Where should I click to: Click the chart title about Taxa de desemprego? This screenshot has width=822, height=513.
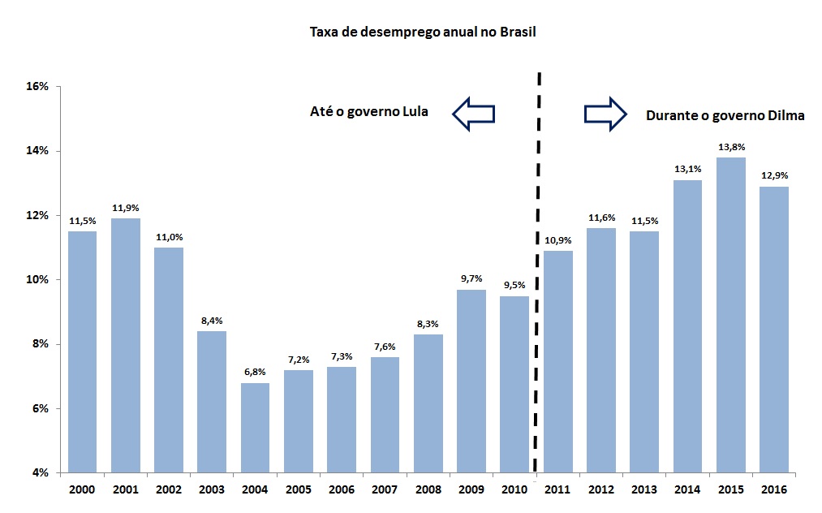tap(423, 32)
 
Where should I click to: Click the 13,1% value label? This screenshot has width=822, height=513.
tap(687, 169)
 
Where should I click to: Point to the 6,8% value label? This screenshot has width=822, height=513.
tap(255, 372)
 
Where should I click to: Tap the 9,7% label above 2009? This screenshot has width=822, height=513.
tap(471, 278)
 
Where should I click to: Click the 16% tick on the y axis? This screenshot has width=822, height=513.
tap(38, 86)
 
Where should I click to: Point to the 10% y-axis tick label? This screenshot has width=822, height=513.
tap(38, 279)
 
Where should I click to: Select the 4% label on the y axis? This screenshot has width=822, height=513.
tap(41, 472)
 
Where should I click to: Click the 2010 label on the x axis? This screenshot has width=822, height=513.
tap(514, 489)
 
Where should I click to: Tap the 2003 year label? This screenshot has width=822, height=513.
tap(212, 489)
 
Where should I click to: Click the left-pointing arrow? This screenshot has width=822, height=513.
tap(473, 114)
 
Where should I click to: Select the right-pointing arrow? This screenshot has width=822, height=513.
tap(605, 114)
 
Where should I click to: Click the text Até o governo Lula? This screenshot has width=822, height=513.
tap(369, 112)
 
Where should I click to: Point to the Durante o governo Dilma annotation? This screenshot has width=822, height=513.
tap(725, 115)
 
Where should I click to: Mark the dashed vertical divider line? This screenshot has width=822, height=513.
tap(538, 276)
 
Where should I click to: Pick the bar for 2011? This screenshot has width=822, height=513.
tap(557, 361)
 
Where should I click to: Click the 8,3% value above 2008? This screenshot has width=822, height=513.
tap(428, 323)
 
